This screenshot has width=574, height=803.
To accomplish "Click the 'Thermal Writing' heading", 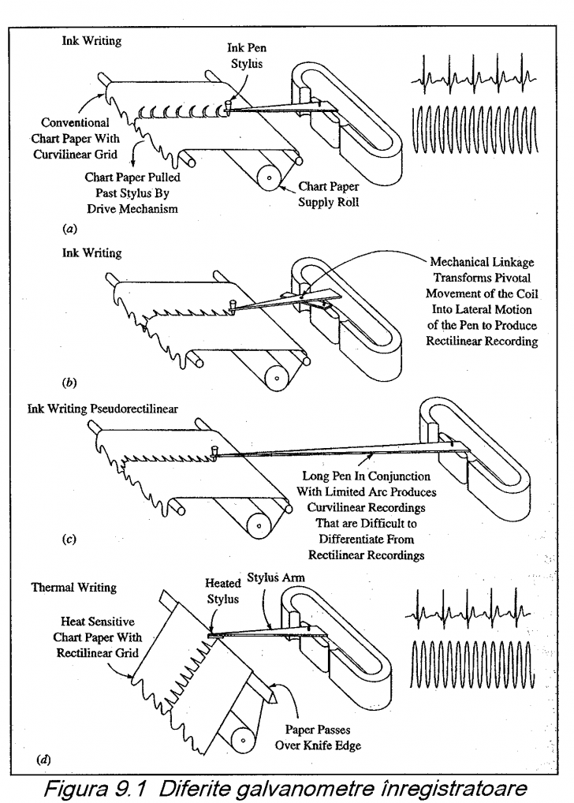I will coord(73,588).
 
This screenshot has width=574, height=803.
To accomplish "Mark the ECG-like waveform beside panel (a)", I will coord(475,78).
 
